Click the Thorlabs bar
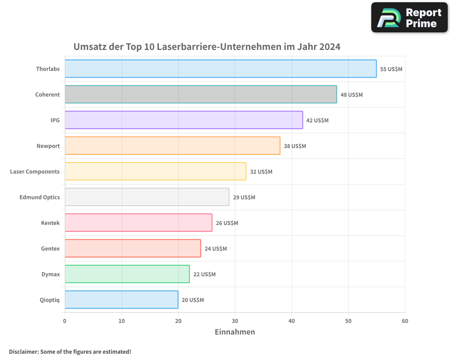point(220,69)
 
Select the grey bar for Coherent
point(201,94)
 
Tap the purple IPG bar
point(184,120)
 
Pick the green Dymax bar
point(127,274)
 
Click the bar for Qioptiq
point(121,300)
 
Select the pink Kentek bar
point(138,223)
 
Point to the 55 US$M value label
point(391,69)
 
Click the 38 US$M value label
point(295,146)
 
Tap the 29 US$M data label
point(244,198)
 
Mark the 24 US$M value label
point(216,249)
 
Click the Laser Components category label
point(35,172)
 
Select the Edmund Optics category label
point(40,198)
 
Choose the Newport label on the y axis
point(48,146)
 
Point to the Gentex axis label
point(50,249)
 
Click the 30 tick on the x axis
point(235,321)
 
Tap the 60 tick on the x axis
point(405,321)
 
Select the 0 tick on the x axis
point(65,321)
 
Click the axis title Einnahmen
point(235,332)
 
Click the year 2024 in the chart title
point(330,47)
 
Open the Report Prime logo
point(409,18)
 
